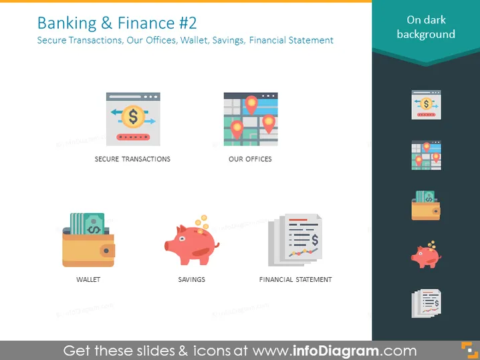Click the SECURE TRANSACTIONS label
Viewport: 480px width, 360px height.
132,159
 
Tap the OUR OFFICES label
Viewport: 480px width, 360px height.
250,159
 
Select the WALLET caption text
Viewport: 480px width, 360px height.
88,280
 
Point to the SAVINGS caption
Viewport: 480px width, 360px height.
192,280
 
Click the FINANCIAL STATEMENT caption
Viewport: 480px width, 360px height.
295,280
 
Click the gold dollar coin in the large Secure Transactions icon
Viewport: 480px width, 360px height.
133,116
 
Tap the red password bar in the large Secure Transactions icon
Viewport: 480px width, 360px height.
133,137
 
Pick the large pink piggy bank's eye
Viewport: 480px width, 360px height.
182,238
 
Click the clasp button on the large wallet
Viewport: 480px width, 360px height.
106,251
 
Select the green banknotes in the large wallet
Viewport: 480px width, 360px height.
88,224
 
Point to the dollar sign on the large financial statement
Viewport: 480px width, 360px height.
315,240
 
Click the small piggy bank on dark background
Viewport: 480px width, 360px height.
426,254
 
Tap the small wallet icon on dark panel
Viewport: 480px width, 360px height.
426,206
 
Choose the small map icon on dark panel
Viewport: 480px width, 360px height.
426,156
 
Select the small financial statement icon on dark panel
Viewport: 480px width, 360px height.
427,303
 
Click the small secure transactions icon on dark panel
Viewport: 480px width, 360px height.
426,105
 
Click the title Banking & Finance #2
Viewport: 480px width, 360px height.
117,23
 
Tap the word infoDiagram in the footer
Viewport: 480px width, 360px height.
336,351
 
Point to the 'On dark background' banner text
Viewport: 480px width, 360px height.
426,27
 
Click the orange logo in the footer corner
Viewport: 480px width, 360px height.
469,350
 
